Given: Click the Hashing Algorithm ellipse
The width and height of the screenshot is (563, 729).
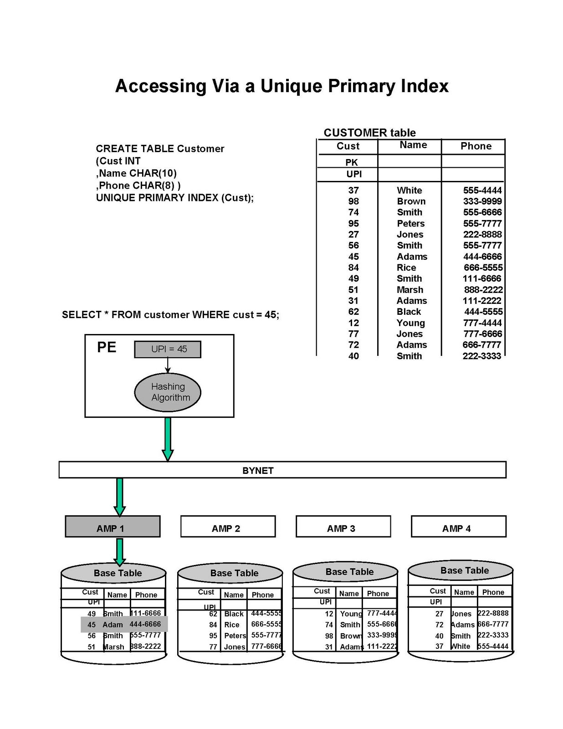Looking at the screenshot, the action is pyautogui.click(x=168, y=392).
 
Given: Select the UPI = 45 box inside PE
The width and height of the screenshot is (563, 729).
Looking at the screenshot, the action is pyautogui.click(x=168, y=349).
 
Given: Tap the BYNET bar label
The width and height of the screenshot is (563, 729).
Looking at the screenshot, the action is pyautogui.click(x=258, y=471).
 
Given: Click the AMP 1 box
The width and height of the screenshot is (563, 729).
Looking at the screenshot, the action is pyautogui.click(x=113, y=527).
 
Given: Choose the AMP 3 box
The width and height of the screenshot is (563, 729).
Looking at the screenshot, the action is pyautogui.click(x=343, y=527).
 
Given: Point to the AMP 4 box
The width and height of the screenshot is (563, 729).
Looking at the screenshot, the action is pyautogui.click(x=458, y=527).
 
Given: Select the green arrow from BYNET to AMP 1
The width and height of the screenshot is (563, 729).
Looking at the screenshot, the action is pyautogui.click(x=119, y=497).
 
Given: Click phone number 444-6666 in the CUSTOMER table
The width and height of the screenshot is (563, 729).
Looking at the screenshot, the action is pyautogui.click(x=482, y=257).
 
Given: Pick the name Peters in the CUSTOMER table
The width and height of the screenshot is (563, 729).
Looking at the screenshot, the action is pyautogui.click(x=410, y=223).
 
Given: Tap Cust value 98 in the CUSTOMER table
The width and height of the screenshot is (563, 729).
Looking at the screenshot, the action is pyautogui.click(x=353, y=201).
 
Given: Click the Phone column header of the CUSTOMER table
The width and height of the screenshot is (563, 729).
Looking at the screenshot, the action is pyautogui.click(x=476, y=146).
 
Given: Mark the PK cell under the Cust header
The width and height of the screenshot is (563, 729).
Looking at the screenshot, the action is pyautogui.click(x=352, y=162).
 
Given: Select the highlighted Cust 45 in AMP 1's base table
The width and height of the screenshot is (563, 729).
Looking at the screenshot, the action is pyautogui.click(x=92, y=625).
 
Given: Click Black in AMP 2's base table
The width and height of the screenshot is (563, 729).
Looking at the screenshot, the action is pyautogui.click(x=234, y=614).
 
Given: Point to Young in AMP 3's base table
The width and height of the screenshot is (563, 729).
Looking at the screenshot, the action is pyautogui.click(x=350, y=614).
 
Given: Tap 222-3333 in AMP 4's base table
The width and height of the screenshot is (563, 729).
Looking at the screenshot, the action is pyautogui.click(x=492, y=635).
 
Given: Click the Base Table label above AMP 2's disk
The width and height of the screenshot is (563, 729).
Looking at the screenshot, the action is pyautogui.click(x=234, y=573).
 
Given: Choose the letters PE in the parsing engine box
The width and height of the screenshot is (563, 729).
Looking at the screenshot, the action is pyautogui.click(x=107, y=348).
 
